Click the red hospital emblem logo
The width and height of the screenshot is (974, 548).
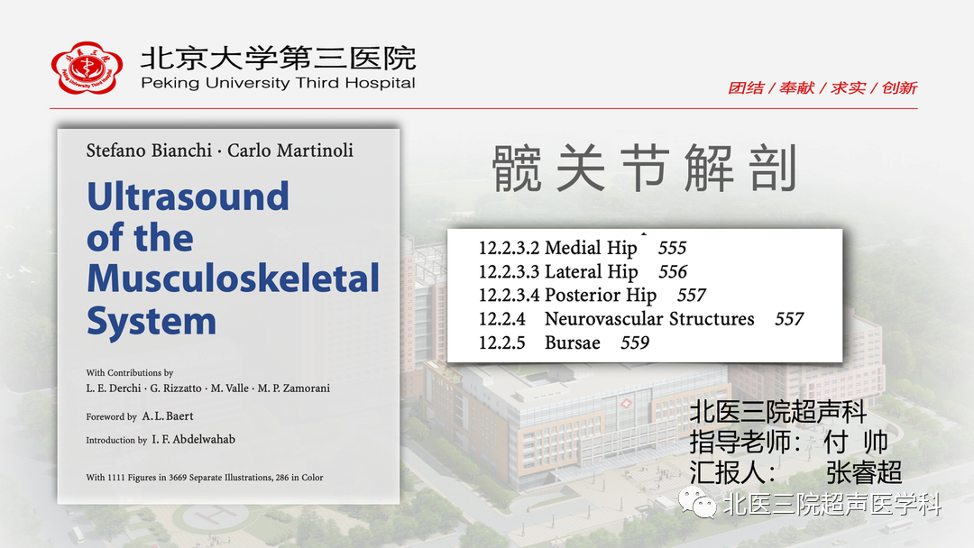tap(87, 68)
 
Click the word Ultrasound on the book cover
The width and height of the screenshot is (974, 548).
tap(188, 196)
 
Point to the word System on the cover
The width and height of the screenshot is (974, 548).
tap(152, 322)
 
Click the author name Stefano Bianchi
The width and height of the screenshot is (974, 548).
tap(149, 151)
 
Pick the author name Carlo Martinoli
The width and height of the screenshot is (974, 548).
tap(290, 151)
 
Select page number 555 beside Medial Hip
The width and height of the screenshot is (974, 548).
tap(672, 248)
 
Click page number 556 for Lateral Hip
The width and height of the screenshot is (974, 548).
tap(673, 272)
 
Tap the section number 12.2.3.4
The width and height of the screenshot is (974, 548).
tap(509, 296)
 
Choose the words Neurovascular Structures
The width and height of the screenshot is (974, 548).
tap(649, 319)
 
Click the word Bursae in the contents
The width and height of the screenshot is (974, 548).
tap(572, 342)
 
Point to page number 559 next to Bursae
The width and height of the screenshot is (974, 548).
tap(635, 342)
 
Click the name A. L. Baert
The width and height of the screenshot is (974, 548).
tap(168, 416)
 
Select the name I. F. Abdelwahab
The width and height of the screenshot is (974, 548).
tap(194, 440)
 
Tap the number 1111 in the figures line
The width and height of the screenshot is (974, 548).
tap(116, 478)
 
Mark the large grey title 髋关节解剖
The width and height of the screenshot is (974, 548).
tap(645, 169)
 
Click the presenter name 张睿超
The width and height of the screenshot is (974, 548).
tap(863, 472)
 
